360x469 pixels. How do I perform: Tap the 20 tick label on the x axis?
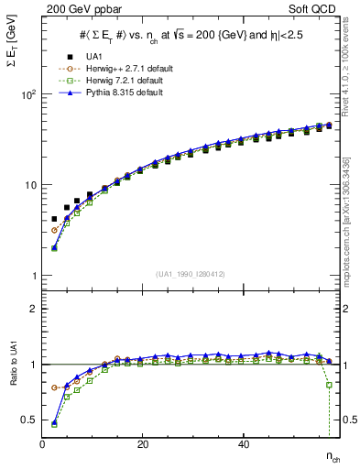pyautogui.click(x=142, y=444)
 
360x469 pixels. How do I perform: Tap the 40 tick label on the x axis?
pyautogui.click(x=243, y=444)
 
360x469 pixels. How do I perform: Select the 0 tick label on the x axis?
pyautogui.click(x=42, y=444)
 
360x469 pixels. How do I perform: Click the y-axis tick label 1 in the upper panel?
pyautogui.click(x=33, y=276)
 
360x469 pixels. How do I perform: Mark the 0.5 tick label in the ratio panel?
pyautogui.click(x=29, y=420)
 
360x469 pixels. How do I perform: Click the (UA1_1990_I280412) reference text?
pyautogui.click(x=190, y=275)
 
